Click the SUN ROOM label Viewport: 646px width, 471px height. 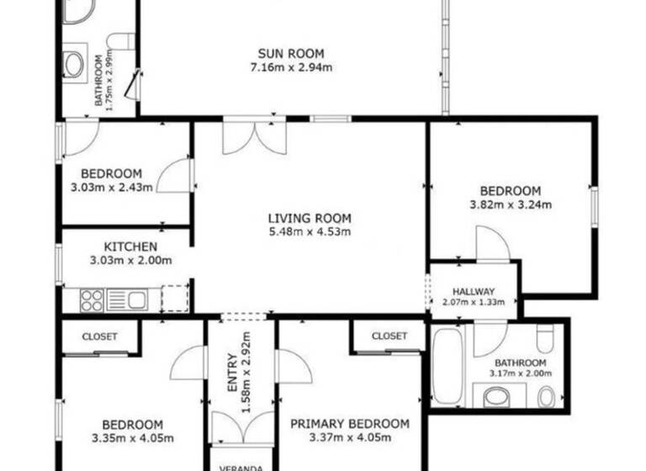coord(289,54)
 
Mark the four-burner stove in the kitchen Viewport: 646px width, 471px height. coord(92,299)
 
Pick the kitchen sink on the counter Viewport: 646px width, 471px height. coord(126,299)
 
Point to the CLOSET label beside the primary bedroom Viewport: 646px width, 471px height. coord(389,336)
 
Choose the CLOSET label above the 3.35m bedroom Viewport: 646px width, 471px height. coord(99,336)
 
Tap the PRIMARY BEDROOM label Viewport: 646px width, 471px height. coord(349,424)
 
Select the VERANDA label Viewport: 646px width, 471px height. coord(241,468)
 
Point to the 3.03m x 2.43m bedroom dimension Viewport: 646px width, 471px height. coord(111,187)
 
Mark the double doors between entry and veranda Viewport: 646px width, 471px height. coord(241,427)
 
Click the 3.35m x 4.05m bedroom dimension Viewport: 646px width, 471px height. coord(132,437)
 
